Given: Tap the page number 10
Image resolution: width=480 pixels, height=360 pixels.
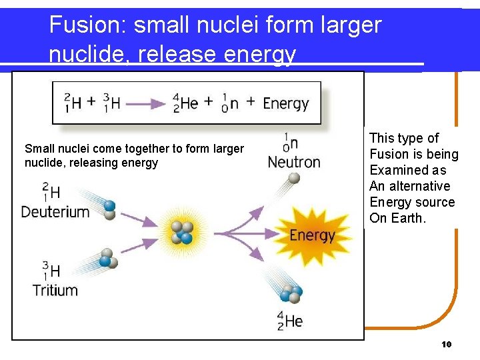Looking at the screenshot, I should pyautogui.click(x=447, y=345).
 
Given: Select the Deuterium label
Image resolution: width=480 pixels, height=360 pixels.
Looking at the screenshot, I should pyautogui.click(x=55, y=212).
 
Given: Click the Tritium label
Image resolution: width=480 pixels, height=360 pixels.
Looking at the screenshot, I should pyautogui.click(x=55, y=290).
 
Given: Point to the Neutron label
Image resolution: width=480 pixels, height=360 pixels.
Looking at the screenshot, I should pyautogui.click(x=294, y=162).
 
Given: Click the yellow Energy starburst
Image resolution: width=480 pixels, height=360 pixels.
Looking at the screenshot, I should pyautogui.click(x=312, y=235).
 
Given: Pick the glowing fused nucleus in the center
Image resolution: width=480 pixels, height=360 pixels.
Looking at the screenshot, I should pyautogui.click(x=181, y=232).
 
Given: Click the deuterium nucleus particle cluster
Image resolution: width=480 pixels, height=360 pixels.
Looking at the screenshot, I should pyautogui.click(x=109, y=209).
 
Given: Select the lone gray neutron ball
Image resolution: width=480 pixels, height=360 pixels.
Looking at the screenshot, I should pyautogui.click(x=294, y=178).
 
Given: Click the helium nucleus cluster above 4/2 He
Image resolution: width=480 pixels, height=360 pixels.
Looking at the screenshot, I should pyautogui.click(x=291, y=294).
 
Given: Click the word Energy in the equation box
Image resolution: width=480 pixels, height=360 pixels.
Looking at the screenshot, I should pyautogui.click(x=286, y=103).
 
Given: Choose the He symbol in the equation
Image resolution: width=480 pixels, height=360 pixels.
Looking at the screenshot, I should pyautogui.click(x=189, y=103).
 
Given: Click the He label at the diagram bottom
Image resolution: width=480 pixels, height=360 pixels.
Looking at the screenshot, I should pyautogui.click(x=293, y=321).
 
